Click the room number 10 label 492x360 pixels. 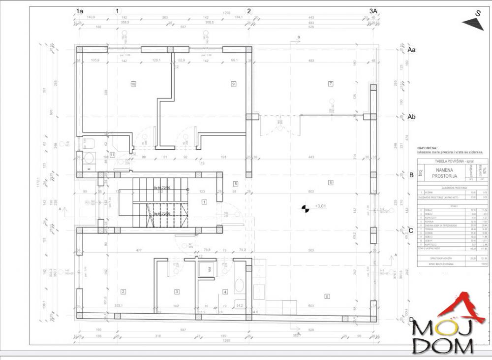point(133,84)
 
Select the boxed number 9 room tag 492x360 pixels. point(234,84)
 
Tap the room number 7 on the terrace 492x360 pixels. point(331,84)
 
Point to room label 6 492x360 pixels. point(331,182)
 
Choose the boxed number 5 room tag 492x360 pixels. point(327,296)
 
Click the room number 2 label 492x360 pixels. point(123,292)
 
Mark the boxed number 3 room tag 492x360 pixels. point(177,292)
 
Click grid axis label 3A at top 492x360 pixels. point(373,10)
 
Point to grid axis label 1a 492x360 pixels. point(80,10)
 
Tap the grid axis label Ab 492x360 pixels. point(412,117)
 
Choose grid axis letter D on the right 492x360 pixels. point(411,320)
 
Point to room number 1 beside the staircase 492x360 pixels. point(204,201)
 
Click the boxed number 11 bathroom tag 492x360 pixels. point(112,155)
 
